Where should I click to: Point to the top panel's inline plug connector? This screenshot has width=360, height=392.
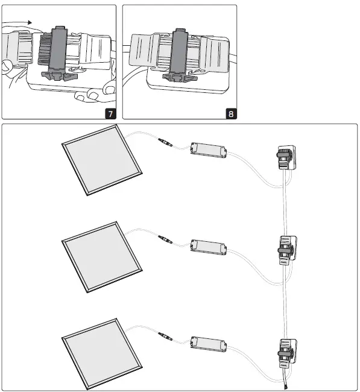coord(165,144)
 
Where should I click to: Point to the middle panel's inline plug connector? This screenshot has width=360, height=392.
coord(165,240)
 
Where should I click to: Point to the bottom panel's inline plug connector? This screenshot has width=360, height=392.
coord(165,335)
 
